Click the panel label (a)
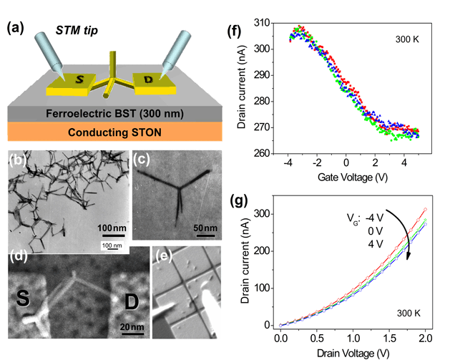(17, 29)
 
